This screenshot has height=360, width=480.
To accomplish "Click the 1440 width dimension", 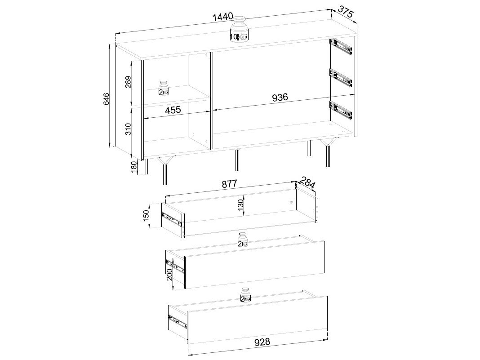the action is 223,17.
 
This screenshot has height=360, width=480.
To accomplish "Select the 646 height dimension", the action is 106,99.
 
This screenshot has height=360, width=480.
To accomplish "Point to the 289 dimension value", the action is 128,82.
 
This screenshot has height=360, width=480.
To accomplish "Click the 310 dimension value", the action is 128,129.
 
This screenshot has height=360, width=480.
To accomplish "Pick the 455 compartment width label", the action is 173,110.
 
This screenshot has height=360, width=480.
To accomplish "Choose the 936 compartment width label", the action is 280,97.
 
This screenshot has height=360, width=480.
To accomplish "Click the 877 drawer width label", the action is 229,184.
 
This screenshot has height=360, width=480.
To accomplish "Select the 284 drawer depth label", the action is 307,183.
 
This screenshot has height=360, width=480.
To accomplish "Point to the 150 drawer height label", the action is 146,216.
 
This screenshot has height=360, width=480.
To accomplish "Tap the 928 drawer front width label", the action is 262,342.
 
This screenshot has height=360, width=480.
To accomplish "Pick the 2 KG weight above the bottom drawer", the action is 245,295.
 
